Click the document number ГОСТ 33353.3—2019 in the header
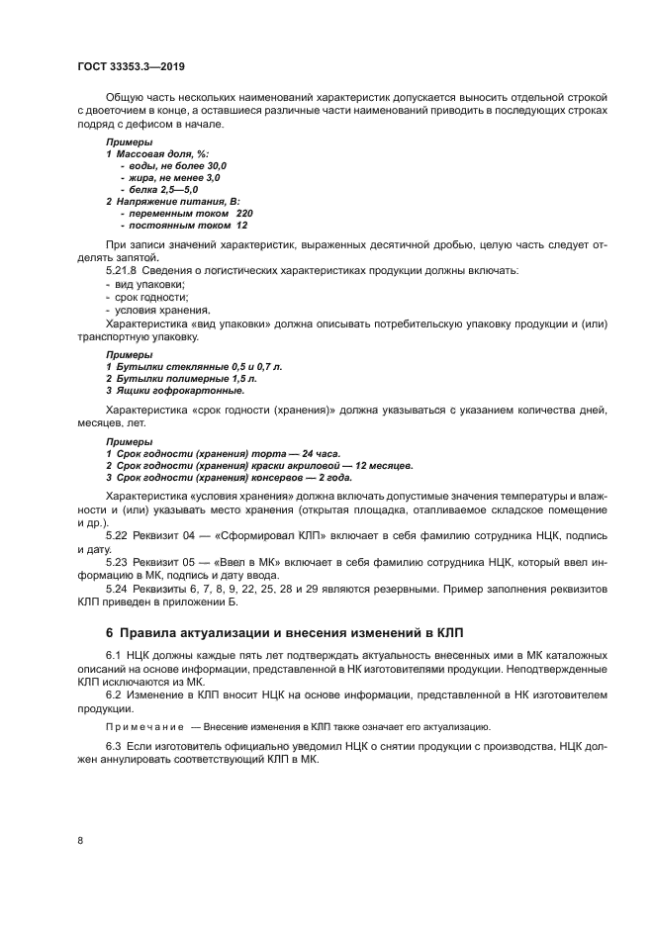[x=131, y=66]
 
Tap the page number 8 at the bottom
[x=80, y=840]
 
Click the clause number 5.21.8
[x=123, y=270]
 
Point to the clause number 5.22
[x=117, y=535]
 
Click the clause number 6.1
[x=114, y=656]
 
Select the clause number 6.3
[x=114, y=744]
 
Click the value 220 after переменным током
[x=244, y=213]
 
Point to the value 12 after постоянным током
[x=241, y=225]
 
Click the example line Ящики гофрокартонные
[x=181, y=390]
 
